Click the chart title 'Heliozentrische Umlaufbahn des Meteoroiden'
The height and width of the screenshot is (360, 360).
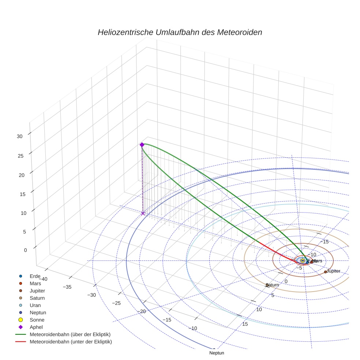[x=180, y=32]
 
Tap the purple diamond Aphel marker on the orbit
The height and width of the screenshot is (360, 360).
[x=142, y=145]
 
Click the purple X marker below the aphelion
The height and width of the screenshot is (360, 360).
[x=143, y=213]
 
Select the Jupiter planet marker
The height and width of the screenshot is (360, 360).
[x=325, y=272]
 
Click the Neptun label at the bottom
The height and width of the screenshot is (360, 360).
[x=217, y=353]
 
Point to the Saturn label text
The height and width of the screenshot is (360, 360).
[x=273, y=285]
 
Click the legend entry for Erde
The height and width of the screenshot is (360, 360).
[x=35, y=276]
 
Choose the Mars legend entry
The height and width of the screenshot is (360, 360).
[x=35, y=283]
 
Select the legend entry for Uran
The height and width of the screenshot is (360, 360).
[x=35, y=305]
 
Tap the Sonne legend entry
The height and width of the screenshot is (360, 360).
[x=37, y=320]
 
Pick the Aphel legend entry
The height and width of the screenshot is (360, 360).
[x=36, y=327]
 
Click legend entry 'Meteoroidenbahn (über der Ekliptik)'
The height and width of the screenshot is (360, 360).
[x=70, y=334]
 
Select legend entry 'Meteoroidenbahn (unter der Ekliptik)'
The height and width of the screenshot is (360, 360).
[x=71, y=342]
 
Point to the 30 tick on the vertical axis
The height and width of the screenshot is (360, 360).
[x=19, y=136]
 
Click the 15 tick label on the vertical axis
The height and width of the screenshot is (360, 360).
[x=23, y=194]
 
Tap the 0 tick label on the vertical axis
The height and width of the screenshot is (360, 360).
[x=25, y=250]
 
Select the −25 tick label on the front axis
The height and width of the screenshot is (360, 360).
[x=116, y=303]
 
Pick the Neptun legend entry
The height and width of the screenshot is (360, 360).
[x=38, y=312]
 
